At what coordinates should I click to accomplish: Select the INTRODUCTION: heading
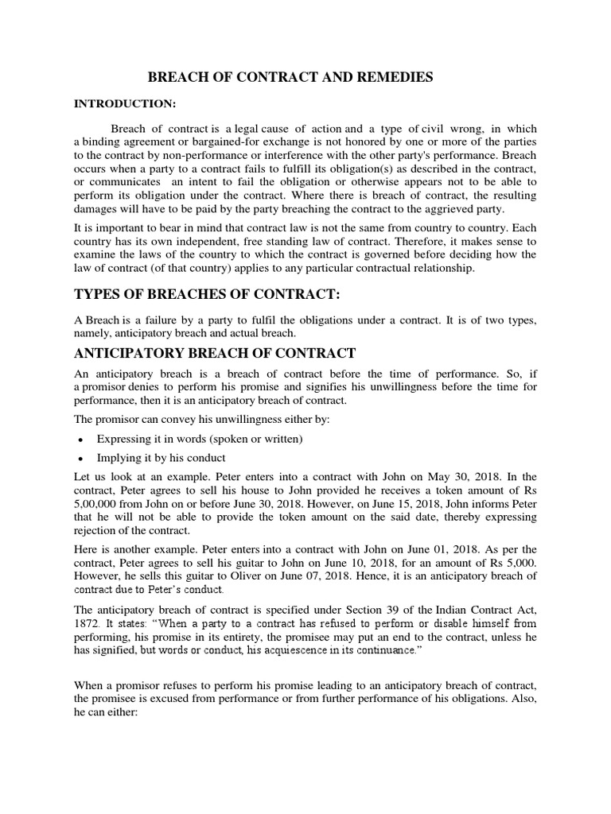(125, 103)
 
